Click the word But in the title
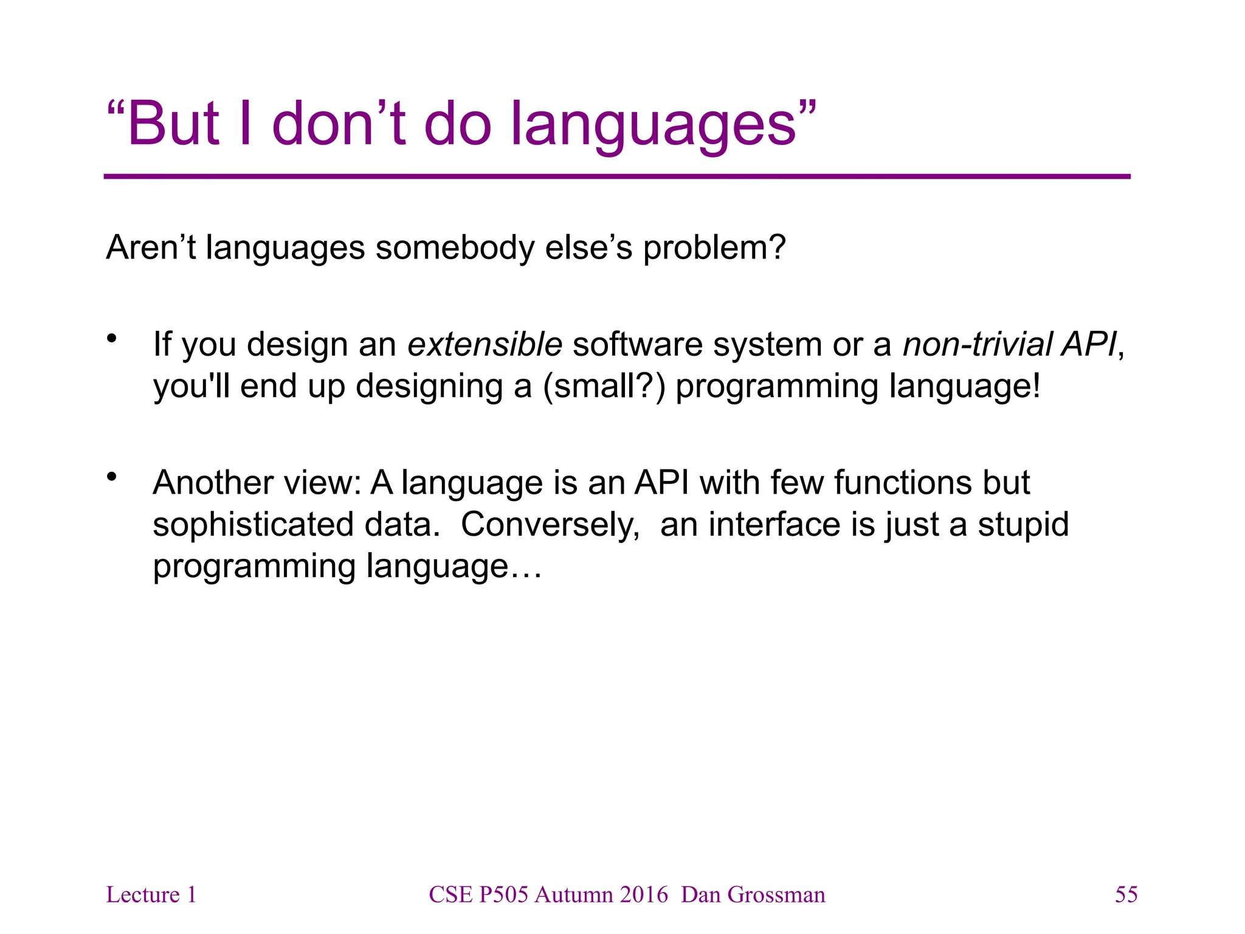tap(173, 124)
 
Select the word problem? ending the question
tap(715, 248)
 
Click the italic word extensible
tap(485, 344)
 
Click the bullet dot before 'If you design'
tap(111, 339)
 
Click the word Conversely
tap(550, 525)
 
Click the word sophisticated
tap(253, 525)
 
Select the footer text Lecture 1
tap(151, 894)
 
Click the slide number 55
tap(1126, 894)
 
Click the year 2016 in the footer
tap(644, 894)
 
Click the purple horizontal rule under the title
tap(616, 176)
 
